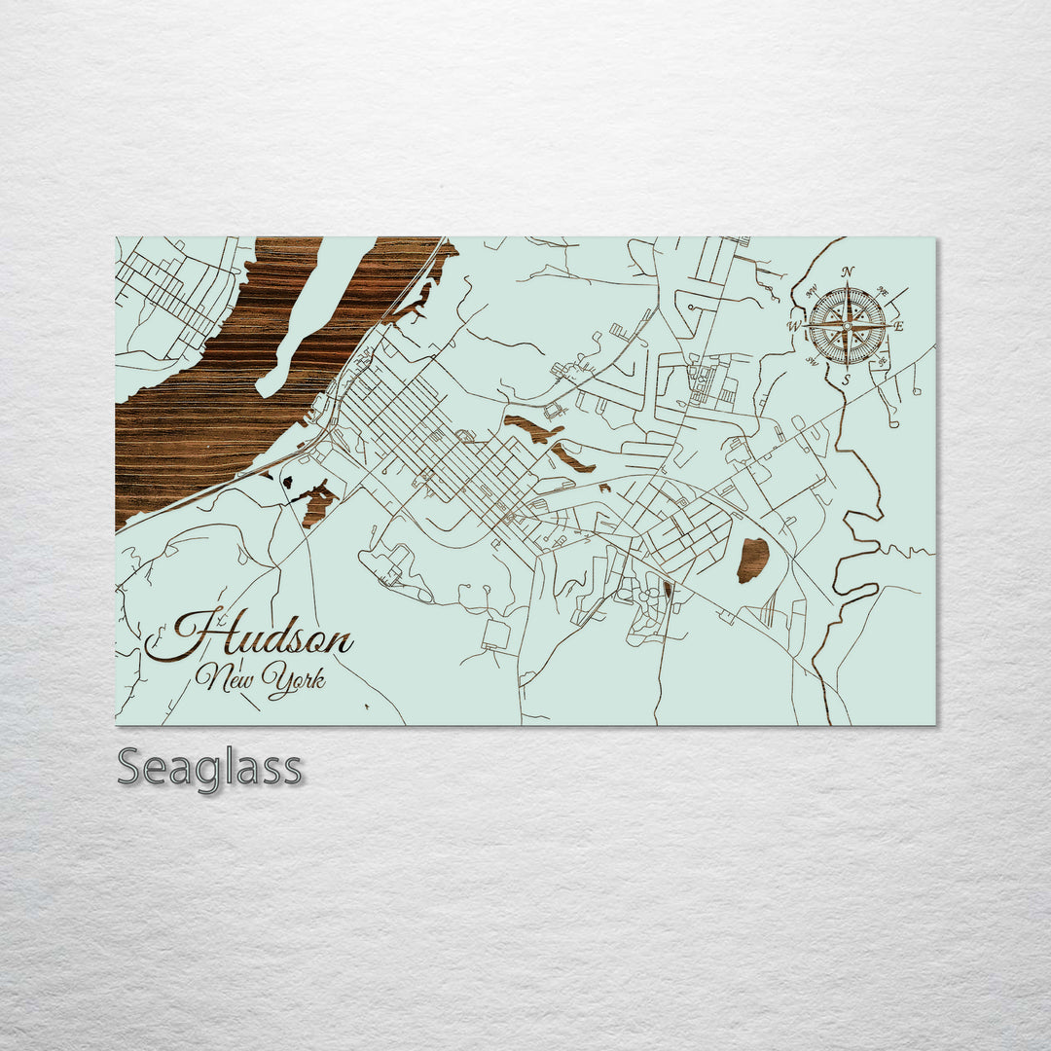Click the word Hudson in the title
point(251,637)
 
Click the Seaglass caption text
point(209,768)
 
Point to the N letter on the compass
point(848,272)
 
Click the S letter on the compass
point(847,380)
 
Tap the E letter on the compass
point(898,326)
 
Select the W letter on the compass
point(794,326)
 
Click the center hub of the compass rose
point(847,326)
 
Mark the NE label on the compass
point(884,290)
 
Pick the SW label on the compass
point(811,362)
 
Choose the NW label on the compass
point(811,289)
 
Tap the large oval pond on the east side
point(752,560)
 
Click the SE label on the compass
point(883,362)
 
